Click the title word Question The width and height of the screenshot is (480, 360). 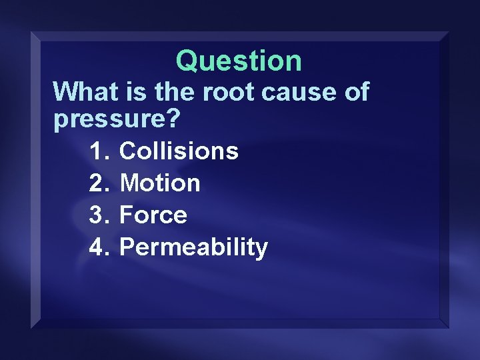(x=239, y=61)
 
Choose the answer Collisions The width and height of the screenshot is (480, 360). (x=178, y=151)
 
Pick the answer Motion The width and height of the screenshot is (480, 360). (x=159, y=183)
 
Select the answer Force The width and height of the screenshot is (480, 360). (x=153, y=215)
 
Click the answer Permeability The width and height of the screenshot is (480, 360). (x=193, y=247)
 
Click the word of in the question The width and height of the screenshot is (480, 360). (x=354, y=91)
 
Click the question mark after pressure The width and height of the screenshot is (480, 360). (x=173, y=120)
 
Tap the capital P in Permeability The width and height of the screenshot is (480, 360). (x=127, y=247)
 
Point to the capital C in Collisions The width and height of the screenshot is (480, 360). (x=128, y=151)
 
